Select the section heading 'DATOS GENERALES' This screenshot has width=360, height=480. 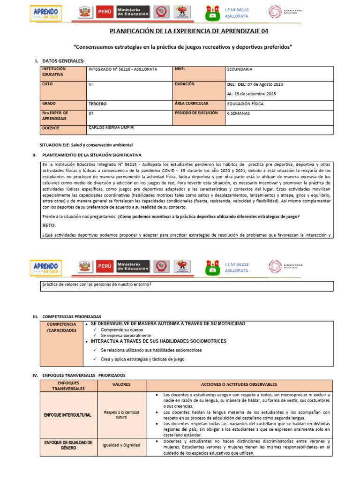click(63, 61)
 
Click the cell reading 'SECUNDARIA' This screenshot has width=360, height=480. click(240, 69)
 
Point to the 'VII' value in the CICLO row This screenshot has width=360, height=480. click(91, 84)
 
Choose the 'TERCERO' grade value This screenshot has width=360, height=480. click(97, 104)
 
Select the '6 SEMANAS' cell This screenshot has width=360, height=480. click(239, 113)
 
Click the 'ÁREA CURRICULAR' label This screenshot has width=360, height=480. click(192, 103)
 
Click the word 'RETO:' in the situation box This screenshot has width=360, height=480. click(49, 225)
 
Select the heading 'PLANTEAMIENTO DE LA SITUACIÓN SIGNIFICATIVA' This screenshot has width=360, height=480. click(91, 155)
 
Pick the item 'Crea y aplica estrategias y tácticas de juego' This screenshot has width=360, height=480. click(142, 359)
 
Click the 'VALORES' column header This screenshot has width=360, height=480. click(121, 385)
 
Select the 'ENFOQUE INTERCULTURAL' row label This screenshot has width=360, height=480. click(68, 415)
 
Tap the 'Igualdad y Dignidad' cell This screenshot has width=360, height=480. click(121, 445)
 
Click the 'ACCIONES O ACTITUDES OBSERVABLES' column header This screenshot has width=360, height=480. click(239, 385)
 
